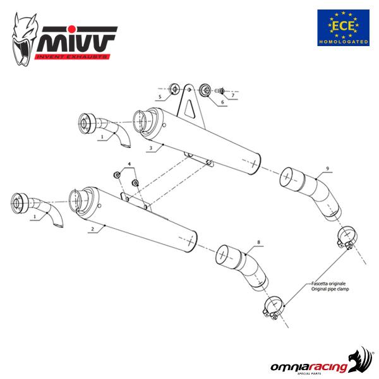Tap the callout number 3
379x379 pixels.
(x=150, y=148)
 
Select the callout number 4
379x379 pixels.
(x=129, y=165)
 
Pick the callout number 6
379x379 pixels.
(x=222, y=102)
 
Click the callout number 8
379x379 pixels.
(x=258, y=242)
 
